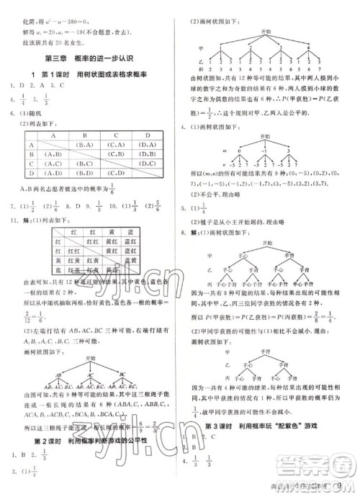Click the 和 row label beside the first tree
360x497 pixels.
point(199,77)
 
